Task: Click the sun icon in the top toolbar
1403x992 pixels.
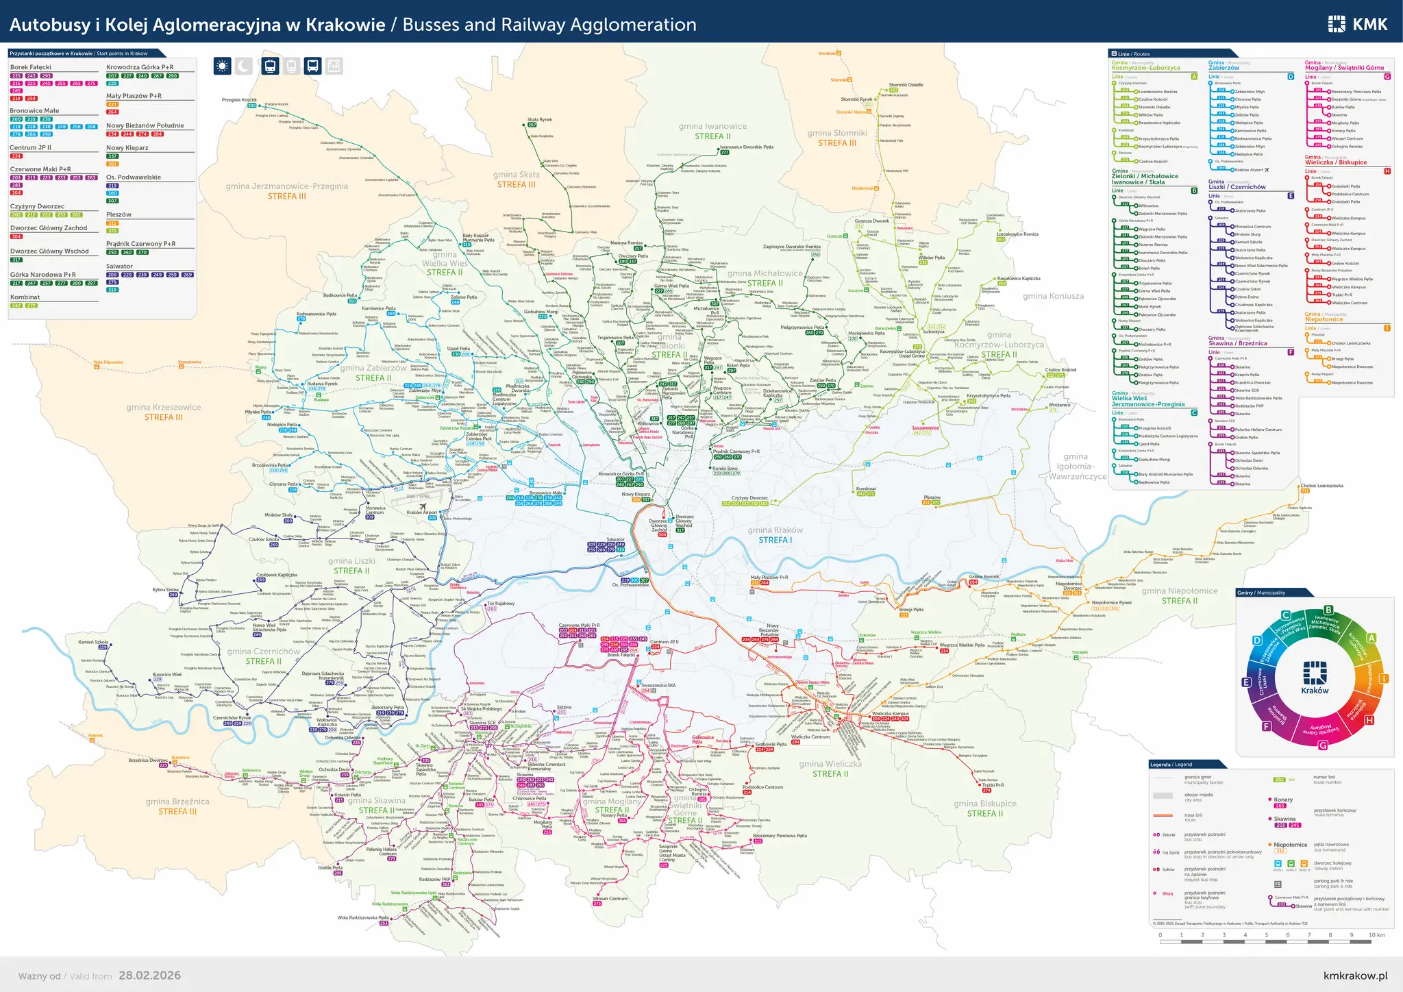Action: tap(222, 66)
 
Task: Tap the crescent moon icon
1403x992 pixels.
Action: tap(244, 66)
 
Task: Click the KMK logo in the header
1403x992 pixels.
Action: tap(1358, 25)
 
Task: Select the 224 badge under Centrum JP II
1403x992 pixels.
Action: tap(16, 156)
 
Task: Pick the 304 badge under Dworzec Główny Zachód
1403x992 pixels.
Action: tap(16, 236)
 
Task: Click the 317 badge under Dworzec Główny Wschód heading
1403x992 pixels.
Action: tap(16, 260)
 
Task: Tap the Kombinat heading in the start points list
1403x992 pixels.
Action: tap(25, 297)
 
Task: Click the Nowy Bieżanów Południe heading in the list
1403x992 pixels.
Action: tap(145, 125)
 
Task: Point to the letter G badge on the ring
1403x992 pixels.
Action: tap(1322, 745)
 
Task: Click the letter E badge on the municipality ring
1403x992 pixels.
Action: tap(1247, 682)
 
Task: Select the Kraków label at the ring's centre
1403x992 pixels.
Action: tap(1314, 691)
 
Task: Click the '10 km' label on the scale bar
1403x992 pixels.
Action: tap(1376, 935)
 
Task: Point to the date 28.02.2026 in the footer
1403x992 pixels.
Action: tap(149, 976)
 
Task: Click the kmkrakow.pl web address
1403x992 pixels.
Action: tap(1355, 976)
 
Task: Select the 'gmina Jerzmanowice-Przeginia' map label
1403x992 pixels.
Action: tap(287, 186)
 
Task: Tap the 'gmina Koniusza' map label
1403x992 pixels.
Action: tap(1053, 296)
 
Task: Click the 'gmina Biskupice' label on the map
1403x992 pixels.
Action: tap(984, 804)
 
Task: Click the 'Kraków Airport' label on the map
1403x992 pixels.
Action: tap(421, 512)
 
